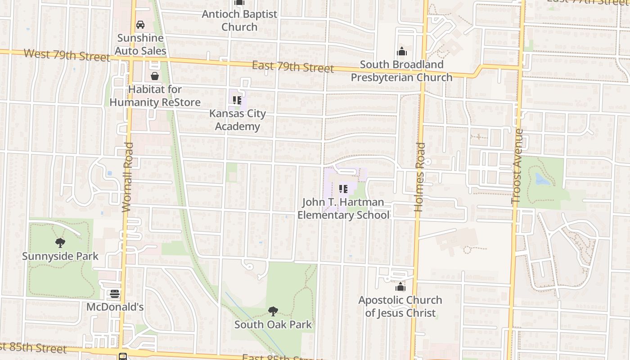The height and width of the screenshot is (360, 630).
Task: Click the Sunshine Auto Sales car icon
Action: coord(140,24)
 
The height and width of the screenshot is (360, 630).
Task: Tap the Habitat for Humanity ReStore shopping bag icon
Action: coord(155,76)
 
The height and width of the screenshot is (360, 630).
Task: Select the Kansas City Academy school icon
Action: coord(237,100)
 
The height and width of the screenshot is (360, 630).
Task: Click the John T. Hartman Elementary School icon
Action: coord(343,189)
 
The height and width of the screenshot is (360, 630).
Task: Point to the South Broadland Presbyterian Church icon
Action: coord(401,51)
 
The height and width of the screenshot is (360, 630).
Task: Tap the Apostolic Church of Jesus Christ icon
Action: coord(400,287)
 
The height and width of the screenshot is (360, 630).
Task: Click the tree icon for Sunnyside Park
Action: coord(60,243)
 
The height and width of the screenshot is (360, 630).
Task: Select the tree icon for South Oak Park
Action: coord(273,311)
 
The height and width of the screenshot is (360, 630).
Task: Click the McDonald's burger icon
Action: coord(115,294)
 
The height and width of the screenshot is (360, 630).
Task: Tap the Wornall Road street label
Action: coord(128,177)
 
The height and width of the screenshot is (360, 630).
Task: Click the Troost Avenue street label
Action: coord(518,166)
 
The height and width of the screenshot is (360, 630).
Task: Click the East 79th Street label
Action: coord(292,67)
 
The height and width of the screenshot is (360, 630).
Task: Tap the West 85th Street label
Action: coord(34,348)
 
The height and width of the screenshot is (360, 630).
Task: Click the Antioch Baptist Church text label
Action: coord(239,20)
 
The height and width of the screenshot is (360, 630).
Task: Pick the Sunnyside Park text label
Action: coord(60,256)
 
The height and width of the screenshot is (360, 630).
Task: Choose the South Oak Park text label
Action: coord(273,324)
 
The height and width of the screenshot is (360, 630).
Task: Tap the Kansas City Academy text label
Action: coord(237,120)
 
